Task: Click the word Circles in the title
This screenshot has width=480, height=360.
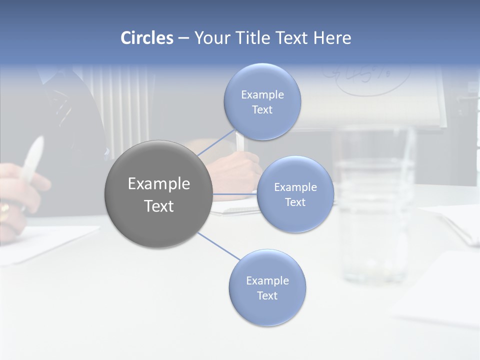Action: coord(147,38)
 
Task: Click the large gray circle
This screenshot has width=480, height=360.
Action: coord(158,194)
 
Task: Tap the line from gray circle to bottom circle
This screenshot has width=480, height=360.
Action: coord(218,246)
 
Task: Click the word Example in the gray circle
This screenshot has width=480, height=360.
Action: coord(158,184)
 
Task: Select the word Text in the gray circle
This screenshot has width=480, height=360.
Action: coord(158,206)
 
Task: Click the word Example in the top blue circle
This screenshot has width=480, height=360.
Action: coord(262,94)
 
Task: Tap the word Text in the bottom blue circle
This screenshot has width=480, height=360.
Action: coord(267,295)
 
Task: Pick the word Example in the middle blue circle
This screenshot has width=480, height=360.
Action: coord(295,187)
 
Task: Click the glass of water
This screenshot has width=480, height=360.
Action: coord(372,205)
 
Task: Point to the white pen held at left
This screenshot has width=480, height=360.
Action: coord(31,160)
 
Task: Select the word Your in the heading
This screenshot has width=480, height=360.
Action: coord(210,38)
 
